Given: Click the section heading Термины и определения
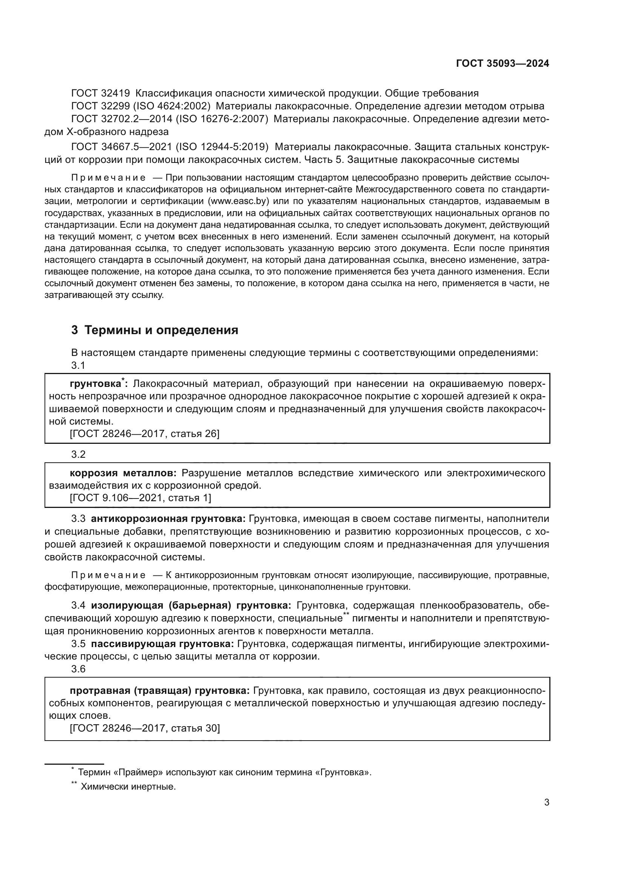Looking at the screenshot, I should [x=161, y=330].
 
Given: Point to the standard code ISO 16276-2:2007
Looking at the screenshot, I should [x=222, y=119].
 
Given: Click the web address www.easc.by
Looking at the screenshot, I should [x=238, y=201].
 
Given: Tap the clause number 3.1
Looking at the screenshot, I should [x=78, y=365].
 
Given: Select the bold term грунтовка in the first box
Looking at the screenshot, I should [x=95, y=384].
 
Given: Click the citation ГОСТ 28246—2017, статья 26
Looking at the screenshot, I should [x=144, y=434].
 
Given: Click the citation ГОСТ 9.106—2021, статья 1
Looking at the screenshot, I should [x=140, y=498].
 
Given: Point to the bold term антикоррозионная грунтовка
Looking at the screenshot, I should [x=168, y=519].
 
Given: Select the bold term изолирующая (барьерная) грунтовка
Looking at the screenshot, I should [x=191, y=606].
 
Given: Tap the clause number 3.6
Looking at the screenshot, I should [x=78, y=669].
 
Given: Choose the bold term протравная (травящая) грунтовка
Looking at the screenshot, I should [x=160, y=691].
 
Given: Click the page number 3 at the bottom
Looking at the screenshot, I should [x=547, y=802].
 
